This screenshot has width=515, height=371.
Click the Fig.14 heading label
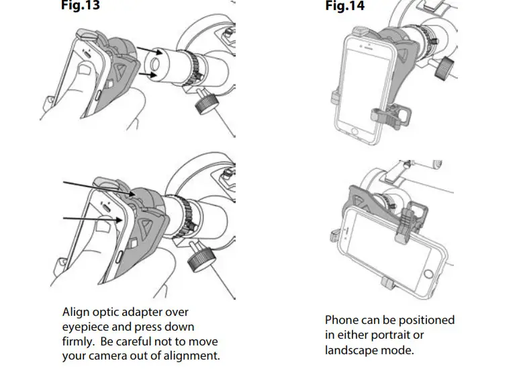[344, 6]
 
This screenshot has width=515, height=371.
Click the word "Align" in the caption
[76, 313]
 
